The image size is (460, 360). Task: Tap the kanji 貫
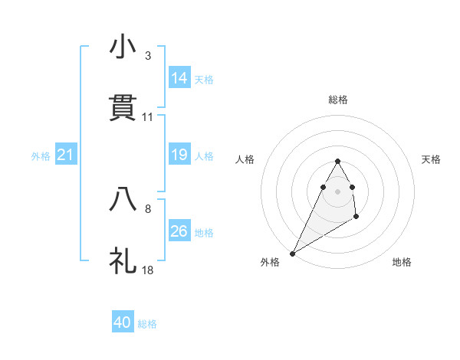point(123,108)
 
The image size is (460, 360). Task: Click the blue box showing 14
point(179,78)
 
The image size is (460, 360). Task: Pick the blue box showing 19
point(179,155)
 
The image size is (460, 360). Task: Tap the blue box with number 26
point(179,231)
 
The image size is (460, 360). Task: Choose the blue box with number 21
point(66,155)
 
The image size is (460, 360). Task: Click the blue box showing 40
point(123,322)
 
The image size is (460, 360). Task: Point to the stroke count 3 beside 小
point(148,56)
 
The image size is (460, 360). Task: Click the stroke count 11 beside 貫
point(148,117)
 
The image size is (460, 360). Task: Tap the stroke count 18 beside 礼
point(148,270)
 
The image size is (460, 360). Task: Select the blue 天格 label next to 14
point(204,80)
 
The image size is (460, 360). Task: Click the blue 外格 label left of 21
point(41,156)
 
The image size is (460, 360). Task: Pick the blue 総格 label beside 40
point(147,324)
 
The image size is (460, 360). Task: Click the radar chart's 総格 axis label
point(338,100)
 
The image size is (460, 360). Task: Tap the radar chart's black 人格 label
point(245,159)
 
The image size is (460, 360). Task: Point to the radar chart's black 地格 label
point(402,262)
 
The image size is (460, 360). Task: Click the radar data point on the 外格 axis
point(292,253)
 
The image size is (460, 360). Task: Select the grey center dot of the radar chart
point(338,191)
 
